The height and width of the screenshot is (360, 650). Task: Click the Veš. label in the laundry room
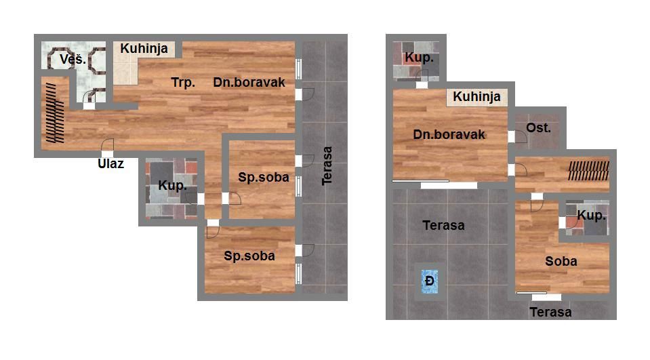point(73,59)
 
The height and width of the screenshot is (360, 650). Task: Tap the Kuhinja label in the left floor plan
point(144,49)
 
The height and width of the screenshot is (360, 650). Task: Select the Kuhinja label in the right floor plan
point(476,97)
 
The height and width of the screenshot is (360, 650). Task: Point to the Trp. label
point(183,83)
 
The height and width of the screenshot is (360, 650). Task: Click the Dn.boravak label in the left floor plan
point(249,83)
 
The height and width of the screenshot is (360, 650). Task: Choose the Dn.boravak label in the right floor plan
point(449,134)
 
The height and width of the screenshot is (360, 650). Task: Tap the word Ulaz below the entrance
point(110,164)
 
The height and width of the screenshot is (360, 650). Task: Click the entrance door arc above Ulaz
point(108,144)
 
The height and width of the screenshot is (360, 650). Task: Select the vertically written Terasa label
point(327,165)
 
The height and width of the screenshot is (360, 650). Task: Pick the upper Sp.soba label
point(264,178)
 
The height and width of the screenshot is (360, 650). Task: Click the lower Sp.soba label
point(249,256)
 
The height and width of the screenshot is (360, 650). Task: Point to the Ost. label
point(538,127)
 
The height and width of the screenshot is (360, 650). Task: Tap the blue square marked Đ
point(430,281)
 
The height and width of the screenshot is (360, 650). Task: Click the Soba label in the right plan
point(561,261)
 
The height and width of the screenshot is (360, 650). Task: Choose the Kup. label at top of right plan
point(420,58)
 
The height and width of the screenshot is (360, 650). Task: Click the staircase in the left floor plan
point(55,113)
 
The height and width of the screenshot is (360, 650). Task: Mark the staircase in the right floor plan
point(588,171)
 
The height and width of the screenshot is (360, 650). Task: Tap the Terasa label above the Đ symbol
point(443,226)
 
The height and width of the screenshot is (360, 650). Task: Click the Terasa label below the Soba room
point(551,313)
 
